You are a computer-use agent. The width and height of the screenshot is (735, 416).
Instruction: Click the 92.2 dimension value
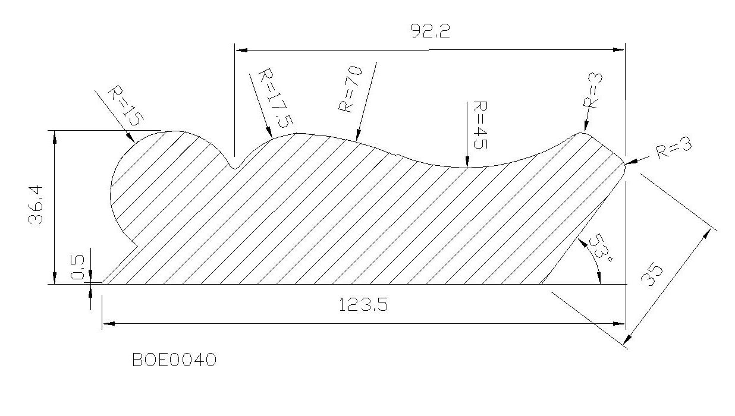[x=430, y=31]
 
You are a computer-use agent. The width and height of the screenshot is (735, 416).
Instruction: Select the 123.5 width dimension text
[x=363, y=304]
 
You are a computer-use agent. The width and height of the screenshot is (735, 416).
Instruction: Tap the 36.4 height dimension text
[x=36, y=204]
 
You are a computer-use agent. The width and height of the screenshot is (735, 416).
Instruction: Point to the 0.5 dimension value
[x=77, y=267]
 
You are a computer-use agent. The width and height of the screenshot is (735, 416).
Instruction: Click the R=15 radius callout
[x=125, y=106]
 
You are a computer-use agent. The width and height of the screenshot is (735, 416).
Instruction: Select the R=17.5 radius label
[x=275, y=98]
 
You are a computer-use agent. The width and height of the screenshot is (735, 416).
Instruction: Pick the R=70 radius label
[x=350, y=89]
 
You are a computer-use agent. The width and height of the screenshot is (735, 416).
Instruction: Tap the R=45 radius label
[x=480, y=125]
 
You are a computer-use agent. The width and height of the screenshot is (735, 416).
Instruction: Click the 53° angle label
[x=601, y=247]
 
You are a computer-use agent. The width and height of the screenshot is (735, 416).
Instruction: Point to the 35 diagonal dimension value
[x=652, y=274]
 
